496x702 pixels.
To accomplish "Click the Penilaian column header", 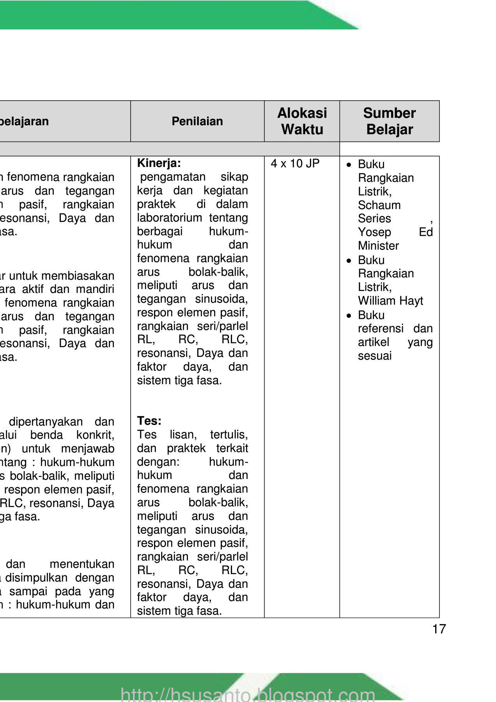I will [197, 121].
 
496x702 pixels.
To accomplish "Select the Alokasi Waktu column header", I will [302, 121].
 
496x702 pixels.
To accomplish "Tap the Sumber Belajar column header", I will [390, 121].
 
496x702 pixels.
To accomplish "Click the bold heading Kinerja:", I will [159, 163].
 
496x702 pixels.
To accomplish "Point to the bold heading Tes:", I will [149, 421].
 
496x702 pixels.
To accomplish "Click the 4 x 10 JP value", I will [295, 163].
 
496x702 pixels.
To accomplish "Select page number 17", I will [439, 629].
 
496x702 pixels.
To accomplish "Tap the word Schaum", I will [379, 205].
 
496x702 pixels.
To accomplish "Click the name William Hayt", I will [391, 301].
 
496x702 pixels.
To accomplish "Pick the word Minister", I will [379, 246].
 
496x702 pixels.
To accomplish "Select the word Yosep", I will [375, 232].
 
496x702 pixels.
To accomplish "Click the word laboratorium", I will [170, 218].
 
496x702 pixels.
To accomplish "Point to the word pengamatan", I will [173, 177].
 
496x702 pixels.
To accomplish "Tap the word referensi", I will [381, 328].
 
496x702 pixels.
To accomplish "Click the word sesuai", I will [375, 356].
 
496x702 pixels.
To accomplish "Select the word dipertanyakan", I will [46, 422].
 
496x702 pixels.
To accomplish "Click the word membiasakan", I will [78, 276].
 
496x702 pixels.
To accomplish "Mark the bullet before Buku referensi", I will [349, 315].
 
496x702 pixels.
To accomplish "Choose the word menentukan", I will [82, 564].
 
